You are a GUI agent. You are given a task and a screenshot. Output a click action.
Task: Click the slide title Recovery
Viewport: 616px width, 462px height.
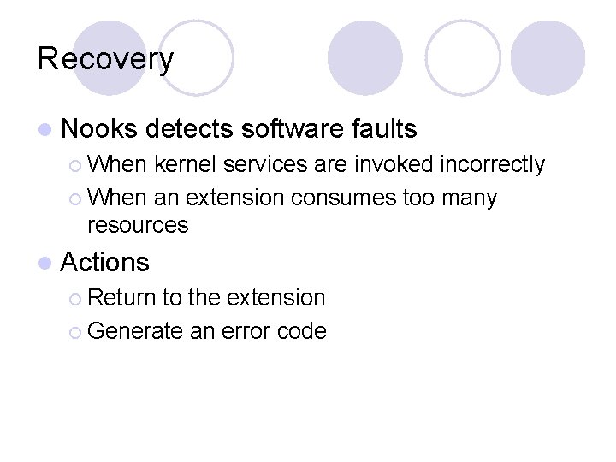(105, 59)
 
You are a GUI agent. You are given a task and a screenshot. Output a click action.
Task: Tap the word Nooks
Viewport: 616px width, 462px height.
(99, 129)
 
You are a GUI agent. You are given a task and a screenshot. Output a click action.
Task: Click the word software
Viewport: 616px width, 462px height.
(293, 129)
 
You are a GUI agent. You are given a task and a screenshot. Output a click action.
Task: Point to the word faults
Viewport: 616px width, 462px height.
(384, 129)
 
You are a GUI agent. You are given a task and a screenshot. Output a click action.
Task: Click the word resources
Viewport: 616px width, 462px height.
(138, 225)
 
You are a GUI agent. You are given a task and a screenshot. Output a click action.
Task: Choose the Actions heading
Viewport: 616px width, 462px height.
(105, 262)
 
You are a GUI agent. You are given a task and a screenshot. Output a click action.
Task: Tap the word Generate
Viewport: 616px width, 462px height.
(136, 331)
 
